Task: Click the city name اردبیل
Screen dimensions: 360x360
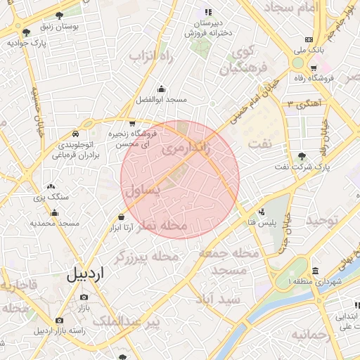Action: (x=84, y=274)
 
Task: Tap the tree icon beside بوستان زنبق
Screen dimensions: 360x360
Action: (x=58, y=15)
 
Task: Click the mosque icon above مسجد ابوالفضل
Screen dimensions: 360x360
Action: (x=162, y=89)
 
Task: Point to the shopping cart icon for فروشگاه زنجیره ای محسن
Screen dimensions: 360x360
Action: (x=132, y=124)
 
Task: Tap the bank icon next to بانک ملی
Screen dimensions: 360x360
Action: (x=309, y=39)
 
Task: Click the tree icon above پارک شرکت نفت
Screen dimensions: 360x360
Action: (x=302, y=156)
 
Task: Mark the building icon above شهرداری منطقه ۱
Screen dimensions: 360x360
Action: (x=314, y=271)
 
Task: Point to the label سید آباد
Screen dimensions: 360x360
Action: (x=219, y=300)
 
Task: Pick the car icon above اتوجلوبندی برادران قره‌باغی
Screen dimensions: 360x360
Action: (x=75, y=134)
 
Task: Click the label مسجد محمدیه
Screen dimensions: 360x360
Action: (x=55, y=223)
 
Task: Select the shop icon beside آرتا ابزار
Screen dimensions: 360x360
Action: (x=122, y=217)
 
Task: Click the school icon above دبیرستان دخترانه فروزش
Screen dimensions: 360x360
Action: (x=207, y=12)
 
